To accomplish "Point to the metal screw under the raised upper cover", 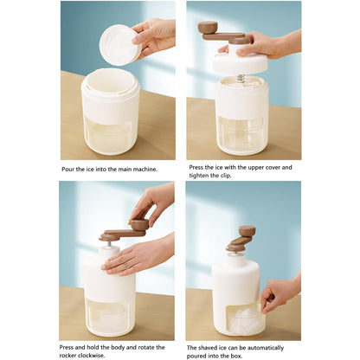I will (x=241, y=79).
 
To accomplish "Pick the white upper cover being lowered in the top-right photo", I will (x=240, y=62).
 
